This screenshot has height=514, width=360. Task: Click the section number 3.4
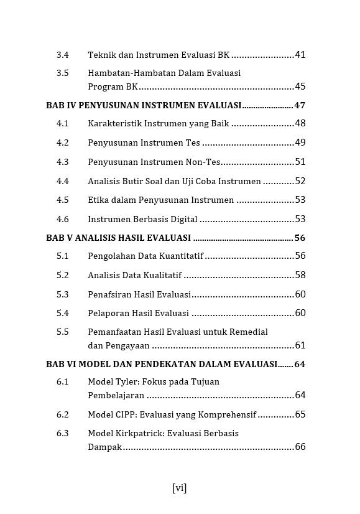(62, 55)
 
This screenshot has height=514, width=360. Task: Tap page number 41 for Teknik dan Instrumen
(300, 55)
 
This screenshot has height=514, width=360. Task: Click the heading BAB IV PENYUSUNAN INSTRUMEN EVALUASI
(144, 105)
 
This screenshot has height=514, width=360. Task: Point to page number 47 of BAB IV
(300, 105)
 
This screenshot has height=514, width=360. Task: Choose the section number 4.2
(62, 143)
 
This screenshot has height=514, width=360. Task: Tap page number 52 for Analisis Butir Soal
(300, 181)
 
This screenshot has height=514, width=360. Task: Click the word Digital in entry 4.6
(182, 219)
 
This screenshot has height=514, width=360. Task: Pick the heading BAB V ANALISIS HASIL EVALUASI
(118, 238)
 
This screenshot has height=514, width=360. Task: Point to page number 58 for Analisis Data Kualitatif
(300, 275)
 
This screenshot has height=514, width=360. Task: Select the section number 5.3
(62, 294)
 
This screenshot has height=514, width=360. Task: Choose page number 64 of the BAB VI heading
(300, 364)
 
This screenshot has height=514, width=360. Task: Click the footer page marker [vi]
(179, 488)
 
